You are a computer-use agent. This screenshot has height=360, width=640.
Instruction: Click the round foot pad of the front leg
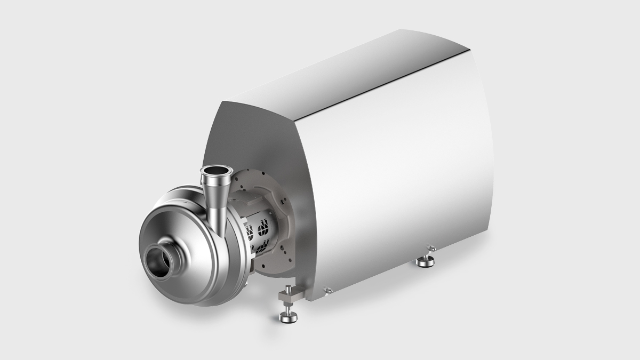tap(289, 318)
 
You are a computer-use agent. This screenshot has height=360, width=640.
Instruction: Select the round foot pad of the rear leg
tap(426, 261)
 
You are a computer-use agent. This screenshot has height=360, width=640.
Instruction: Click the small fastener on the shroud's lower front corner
tap(327, 290)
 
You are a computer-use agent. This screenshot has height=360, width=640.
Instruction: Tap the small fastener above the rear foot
tap(431, 248)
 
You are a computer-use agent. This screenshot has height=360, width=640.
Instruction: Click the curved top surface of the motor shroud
tap(341, 64)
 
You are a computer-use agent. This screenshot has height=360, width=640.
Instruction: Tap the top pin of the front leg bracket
tap(287, 289)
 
